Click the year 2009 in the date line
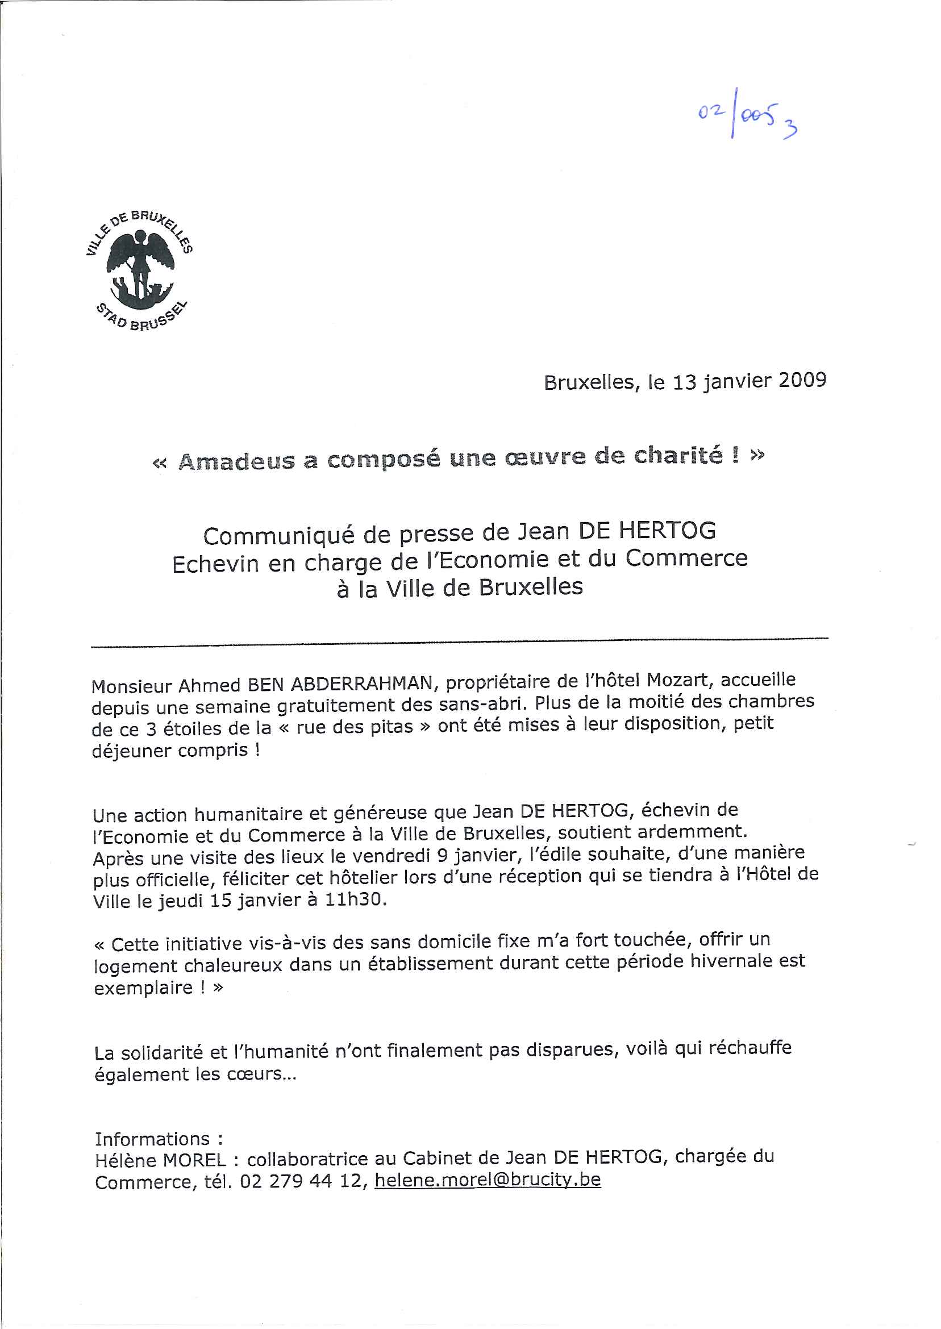(802, 380)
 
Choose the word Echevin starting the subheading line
(215, 564)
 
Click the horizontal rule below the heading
(460, 641)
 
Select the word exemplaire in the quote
(143, 988)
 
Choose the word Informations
(153, 1139)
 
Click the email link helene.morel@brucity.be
(488, 1180)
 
